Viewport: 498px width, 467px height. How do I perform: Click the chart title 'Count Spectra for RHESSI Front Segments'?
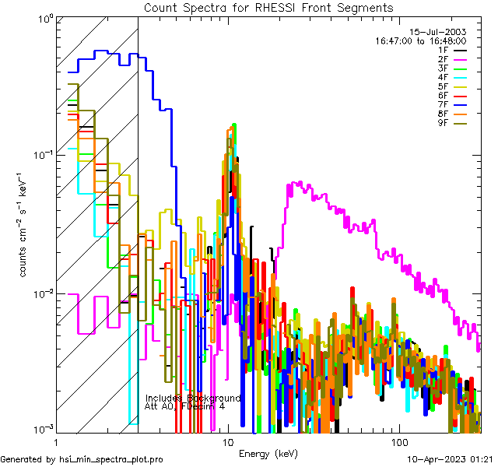[268, 8]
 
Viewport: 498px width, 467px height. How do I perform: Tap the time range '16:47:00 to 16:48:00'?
[420, 40]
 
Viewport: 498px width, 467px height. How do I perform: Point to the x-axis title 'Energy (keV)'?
[268, 453]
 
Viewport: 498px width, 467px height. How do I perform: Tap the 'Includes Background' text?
[193, 398]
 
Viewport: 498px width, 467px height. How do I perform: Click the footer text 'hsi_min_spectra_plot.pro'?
[111, 460]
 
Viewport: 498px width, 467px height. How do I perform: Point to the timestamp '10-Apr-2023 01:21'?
[451, 460]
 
